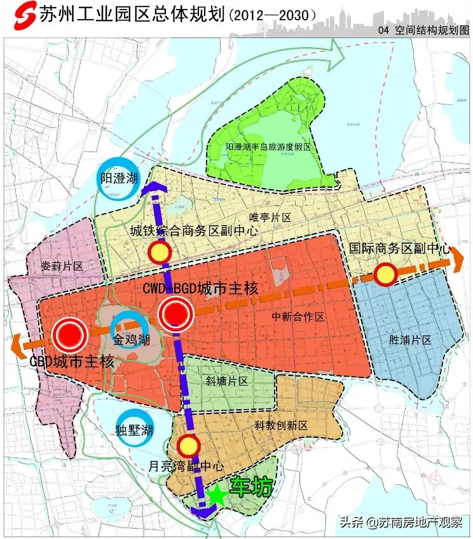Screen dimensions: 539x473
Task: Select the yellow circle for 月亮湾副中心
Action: coord(189,445)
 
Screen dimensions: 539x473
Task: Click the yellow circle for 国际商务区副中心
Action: coord(385,275)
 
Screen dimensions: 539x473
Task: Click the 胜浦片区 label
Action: coord(410,340)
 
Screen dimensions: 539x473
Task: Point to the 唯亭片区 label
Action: coord(270,217)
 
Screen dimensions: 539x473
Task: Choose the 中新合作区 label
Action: coord(298,316)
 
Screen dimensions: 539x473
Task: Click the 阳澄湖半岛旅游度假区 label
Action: coord(268,147)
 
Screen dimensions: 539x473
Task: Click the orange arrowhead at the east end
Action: coord(460,257)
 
